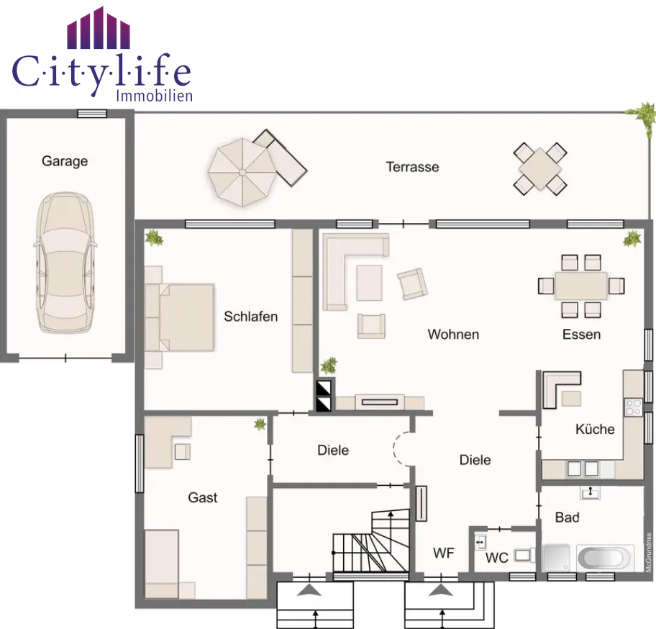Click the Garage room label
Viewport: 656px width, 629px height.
point(65,161)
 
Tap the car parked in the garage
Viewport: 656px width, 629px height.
point(65,263)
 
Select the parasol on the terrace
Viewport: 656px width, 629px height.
point(242,173)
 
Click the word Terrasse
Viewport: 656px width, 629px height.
point(412,167)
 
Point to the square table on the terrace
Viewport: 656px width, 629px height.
point(540,169)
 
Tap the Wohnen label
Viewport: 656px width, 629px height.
point(453,335)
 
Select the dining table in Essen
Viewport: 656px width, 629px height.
point(581,286)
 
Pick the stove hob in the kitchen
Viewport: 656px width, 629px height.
point(634,407)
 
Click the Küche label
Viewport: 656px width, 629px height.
point(595,429)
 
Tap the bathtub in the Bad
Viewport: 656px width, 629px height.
point(606,558)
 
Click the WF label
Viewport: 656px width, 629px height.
point(444,553)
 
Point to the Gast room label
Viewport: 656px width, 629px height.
point(203,497)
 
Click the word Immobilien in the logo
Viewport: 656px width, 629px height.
point(155,96)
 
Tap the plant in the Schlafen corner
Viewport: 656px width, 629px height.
point(155,237)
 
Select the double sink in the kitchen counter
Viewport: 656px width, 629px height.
point(583,469)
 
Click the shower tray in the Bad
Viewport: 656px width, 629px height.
point(556,558)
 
